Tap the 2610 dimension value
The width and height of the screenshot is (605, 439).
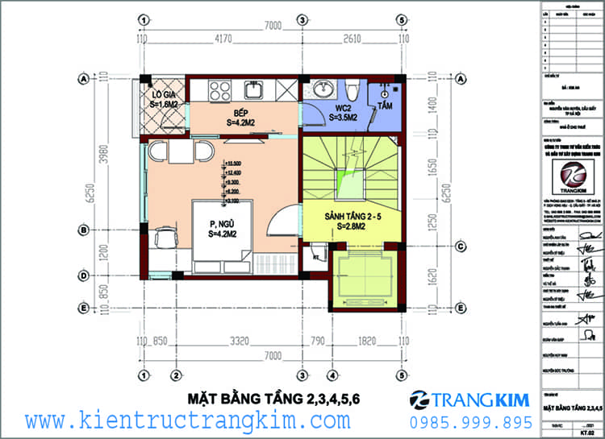point(353,38)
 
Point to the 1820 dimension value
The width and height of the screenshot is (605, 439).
point(366,342)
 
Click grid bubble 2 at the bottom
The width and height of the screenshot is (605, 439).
point(175,375)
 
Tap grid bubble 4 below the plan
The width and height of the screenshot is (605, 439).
point(331,375)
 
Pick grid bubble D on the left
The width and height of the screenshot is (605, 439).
point(83,275)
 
